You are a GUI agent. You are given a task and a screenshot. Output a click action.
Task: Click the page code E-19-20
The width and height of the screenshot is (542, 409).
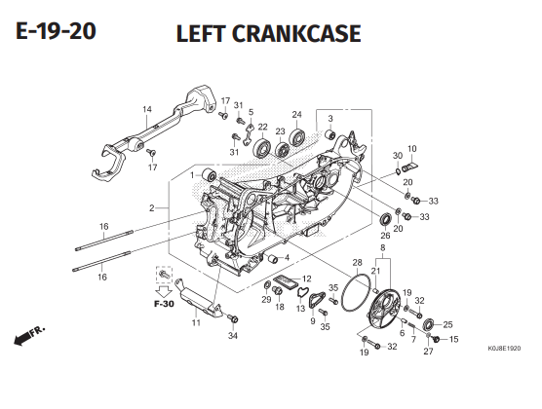[x=56, y=31]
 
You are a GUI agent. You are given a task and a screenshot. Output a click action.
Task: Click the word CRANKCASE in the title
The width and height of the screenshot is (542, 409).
[x=296, y=33]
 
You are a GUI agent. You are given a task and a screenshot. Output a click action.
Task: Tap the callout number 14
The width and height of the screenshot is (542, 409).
[x=147, y=109]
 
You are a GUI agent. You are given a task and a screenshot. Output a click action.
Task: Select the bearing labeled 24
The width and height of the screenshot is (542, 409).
[x=297, y=136]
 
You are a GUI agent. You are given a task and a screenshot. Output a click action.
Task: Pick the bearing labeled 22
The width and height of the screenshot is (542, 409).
[x=263, y=148]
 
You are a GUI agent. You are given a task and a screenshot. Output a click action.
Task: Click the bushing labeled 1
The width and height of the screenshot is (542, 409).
[x=209, y=175]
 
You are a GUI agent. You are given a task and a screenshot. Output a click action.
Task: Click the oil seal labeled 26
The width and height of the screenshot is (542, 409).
[x=386, y=220]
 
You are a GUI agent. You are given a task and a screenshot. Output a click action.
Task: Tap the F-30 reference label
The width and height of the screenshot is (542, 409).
[x=164, y=304]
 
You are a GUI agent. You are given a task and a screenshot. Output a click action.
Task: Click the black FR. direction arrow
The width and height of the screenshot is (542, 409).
[x=21, y=339]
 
